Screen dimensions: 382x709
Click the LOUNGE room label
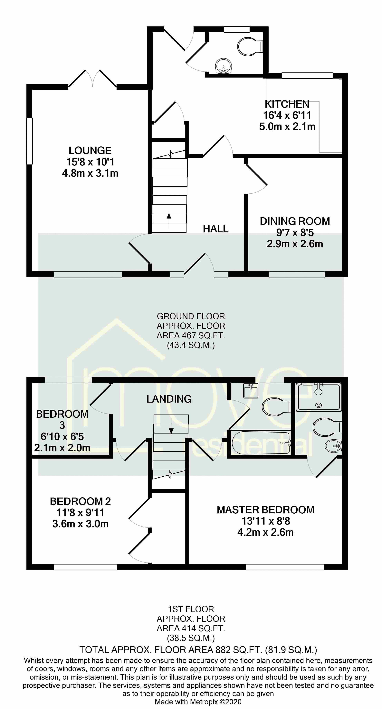90,151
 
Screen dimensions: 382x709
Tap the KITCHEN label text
287,104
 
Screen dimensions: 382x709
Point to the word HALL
216,229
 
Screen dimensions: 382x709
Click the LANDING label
169,399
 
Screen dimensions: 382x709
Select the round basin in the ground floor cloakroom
224,66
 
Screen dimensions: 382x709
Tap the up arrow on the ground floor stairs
168,220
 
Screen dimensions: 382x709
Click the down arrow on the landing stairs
171,426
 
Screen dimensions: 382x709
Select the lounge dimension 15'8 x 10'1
90,162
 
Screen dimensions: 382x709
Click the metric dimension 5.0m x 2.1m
287,127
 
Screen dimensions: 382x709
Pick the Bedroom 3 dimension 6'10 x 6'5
62,436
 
